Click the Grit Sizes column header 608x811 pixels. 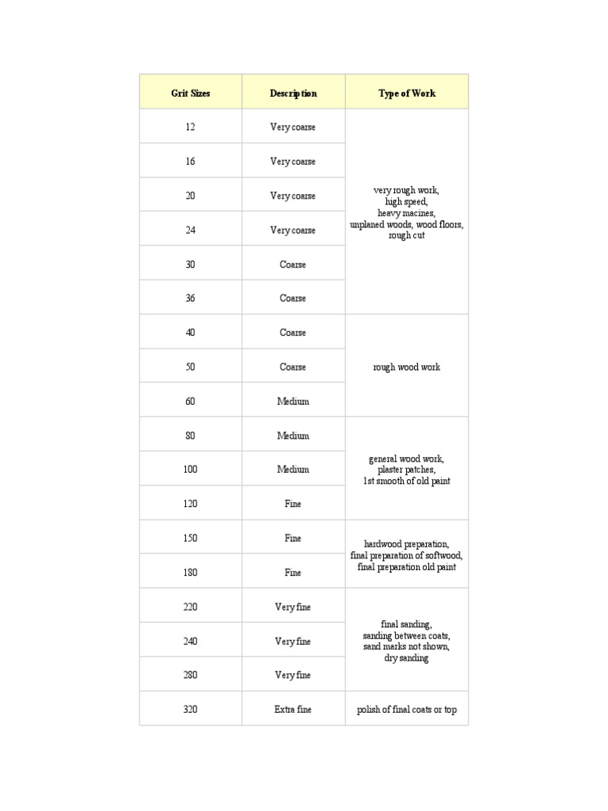(191, 93)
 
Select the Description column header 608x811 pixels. (293, 93)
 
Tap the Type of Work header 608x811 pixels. (407, 93)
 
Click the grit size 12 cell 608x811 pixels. (191, 127)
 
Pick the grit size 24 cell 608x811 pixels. (191, 230)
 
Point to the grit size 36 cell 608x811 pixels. (191, 299)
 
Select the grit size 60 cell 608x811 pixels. (191, 402)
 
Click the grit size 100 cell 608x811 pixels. (191, 470)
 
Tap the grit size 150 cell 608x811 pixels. (191, 539)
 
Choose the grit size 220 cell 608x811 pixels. (191, 607)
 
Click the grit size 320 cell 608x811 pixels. (191, 710)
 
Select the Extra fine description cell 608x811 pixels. (293, 710)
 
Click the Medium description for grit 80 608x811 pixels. (293, 436)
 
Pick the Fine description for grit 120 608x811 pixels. (293, 504)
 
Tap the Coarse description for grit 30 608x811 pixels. (293, 265)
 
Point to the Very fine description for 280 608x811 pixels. (293, 676)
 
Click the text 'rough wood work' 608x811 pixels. (407, 367)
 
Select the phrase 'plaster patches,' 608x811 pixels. (407, 470)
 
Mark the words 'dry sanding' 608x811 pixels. (407, 658)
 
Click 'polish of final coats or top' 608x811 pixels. (407, 710)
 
